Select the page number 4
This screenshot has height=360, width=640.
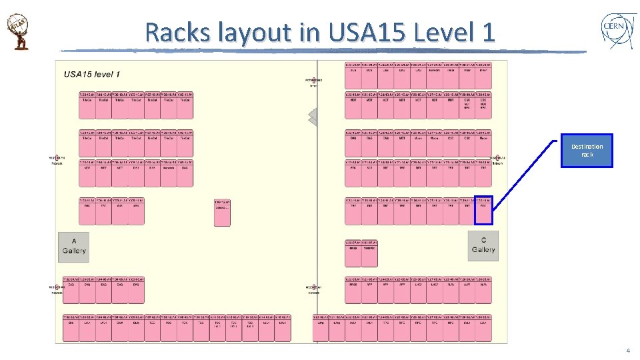pyautogui.click(x=627, y=351)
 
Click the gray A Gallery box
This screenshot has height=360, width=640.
pyautogui.click(x=73, y=246)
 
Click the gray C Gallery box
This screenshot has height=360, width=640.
pyautogui.click(x=483, y=245)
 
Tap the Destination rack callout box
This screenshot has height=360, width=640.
pyautogui.click(x=587, y=151)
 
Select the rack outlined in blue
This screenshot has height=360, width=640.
pyautogui.click(x=483, y=210)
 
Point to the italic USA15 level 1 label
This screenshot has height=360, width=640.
pyautogui.click(x=91, y=73)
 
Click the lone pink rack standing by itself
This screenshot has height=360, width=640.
pyautogui.click(x=222, y=213)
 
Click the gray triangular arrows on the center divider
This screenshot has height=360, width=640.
pyautogui.click(x=313, y=117)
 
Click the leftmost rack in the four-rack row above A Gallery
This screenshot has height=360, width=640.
pyautogui.click(x=87, y=210)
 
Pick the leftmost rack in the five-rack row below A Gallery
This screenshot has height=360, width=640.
pyautogui.click(x=71, y=289)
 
